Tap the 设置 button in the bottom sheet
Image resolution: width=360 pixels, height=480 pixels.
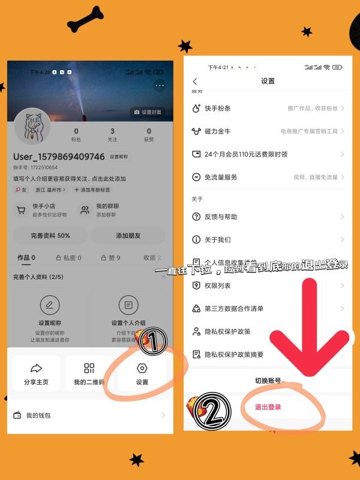(x=142, y=373)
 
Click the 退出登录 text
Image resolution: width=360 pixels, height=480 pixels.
(x=268, y=407)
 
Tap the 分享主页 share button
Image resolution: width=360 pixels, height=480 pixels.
(x=36, y=373)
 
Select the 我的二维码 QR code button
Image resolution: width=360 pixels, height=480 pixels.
(x=89, y=373)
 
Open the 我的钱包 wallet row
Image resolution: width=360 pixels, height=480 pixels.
(x=89, y=415)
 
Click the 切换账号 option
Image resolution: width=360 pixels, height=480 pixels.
(x=268, y=380)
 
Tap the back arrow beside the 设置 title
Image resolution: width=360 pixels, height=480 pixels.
(x=194, y=82)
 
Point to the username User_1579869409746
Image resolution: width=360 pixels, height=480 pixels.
(x=59, y=157)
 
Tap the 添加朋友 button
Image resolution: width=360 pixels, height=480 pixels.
(x=128, y=235)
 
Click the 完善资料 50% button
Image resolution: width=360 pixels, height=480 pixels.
(x=50, y=235)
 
